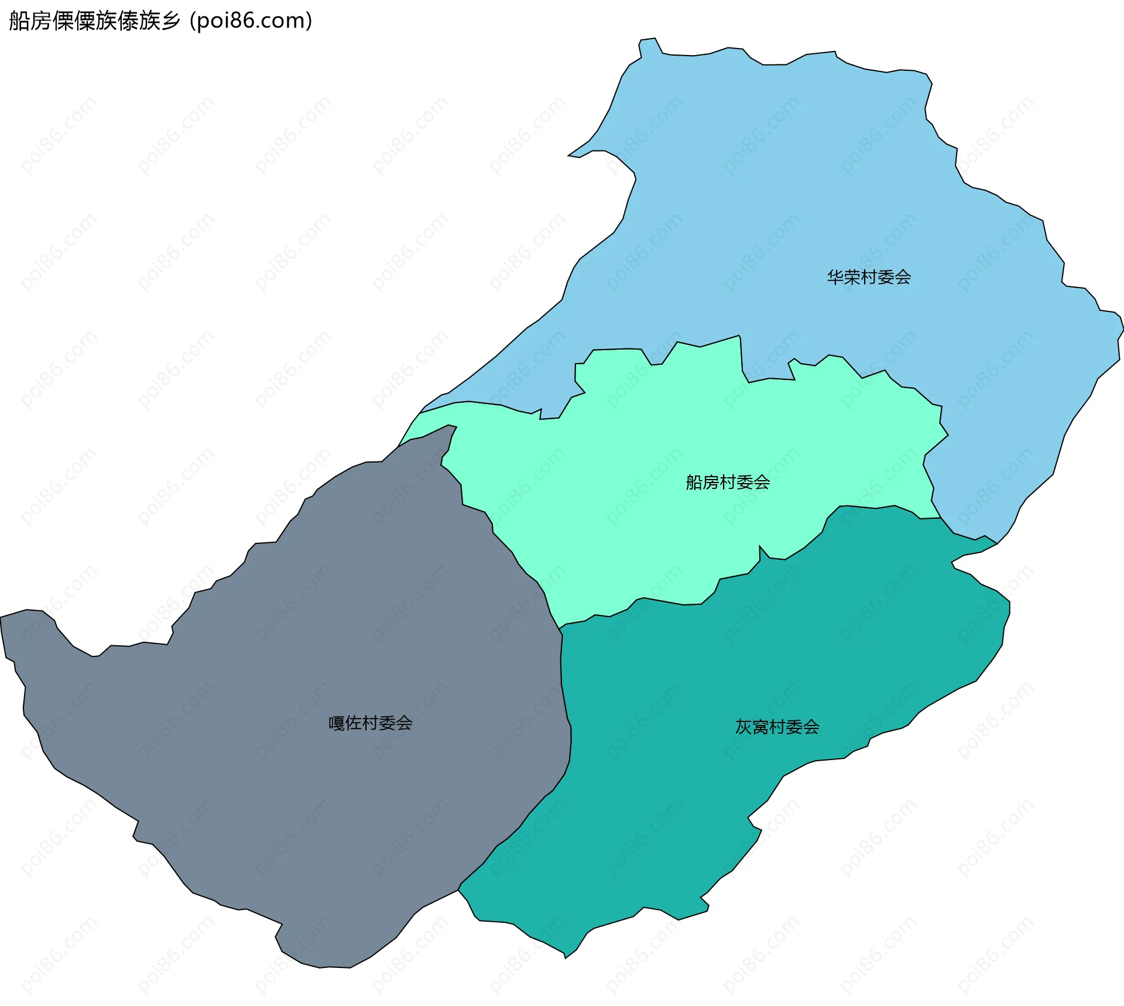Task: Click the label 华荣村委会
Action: (869, 277)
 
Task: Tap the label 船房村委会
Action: (728, 483)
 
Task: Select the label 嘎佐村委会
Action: (370, 723)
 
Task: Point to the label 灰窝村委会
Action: (777, 727)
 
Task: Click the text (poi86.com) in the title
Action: (251, 20)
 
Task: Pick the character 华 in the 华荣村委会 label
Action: (835, 277)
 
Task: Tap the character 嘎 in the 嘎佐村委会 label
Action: (337, 723)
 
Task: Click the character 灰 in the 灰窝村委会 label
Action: (743, 727)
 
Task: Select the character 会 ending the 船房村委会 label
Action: (762, 483)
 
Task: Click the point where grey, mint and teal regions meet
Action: (560, 629)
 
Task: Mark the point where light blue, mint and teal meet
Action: (941, 518)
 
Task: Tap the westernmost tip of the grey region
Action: (1, 617)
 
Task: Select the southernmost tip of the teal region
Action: (566, 958)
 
